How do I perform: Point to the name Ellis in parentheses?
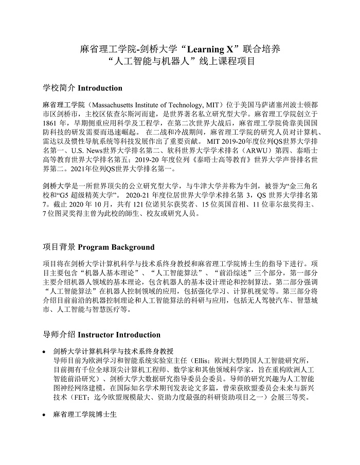(199, 360)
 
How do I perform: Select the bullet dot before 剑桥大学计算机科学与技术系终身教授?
(45, 351)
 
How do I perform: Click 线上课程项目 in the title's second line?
(224, 63)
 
